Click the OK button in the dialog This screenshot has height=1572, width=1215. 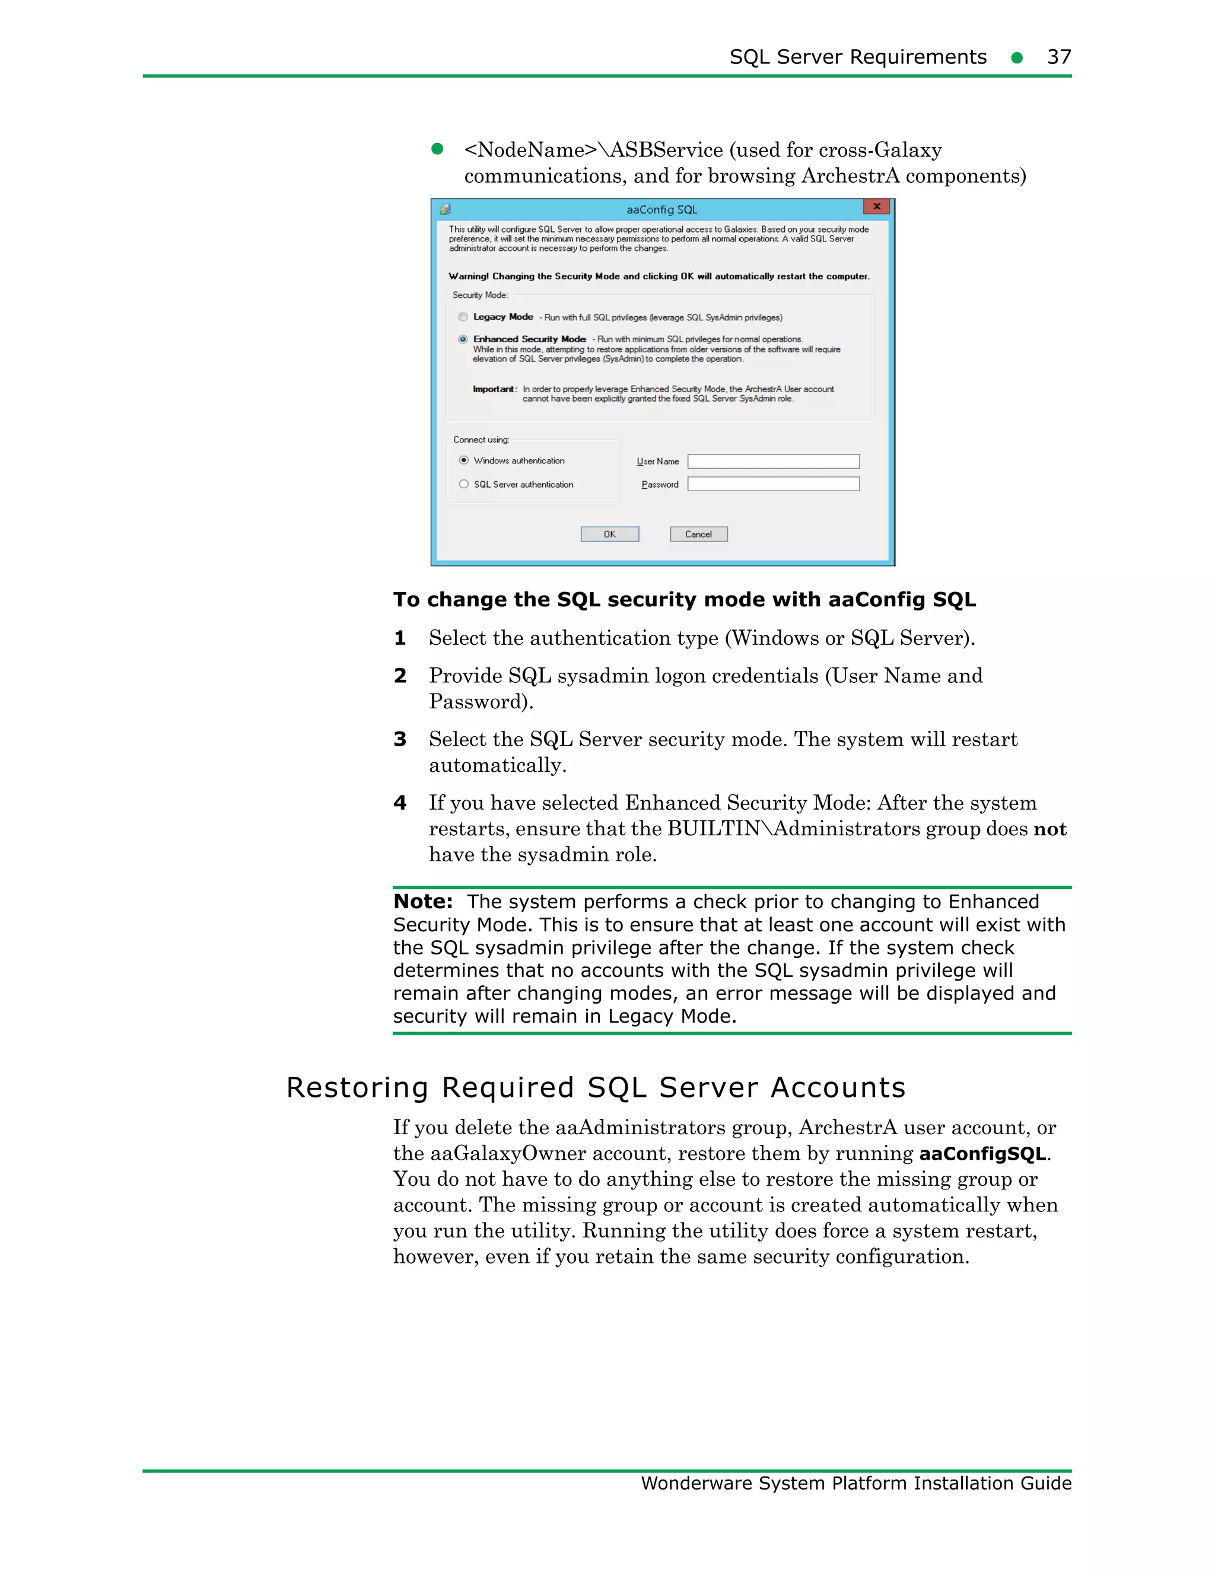pyautogui.click(x=610, y=534)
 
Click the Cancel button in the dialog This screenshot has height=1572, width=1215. pyautogui.click(x=698, y=534)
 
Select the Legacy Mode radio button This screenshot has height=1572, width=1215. pyautogui.click(x=463, y=317)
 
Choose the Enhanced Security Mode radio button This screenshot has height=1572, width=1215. pyautogui.click(x=463, y=339)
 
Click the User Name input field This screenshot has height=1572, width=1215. pyautogui.click(x=773, y=462)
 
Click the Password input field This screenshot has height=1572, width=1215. pyautogui.click(x=773, y=483)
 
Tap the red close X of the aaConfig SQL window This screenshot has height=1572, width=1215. pyautogui.click(x=876, y=207)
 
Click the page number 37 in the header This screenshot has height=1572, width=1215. pyautogui.click(x=1059, y=57)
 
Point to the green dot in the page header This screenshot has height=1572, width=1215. pyautogui.click(x=1016, y=58)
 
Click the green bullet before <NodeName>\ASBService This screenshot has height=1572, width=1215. pyautogui.click(x=437, y=149)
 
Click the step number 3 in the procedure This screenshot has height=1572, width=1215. pyautogui.click(x=400, y=739)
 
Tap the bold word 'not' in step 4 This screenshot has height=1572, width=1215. pyautogui.click(x=1049, y=829)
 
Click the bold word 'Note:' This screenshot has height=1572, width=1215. pyautogui.click(x=423, y=901)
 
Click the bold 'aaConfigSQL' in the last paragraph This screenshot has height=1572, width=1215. pyautogui.click(x=982, y=1154)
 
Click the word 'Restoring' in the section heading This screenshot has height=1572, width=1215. pyautogui.click(x=357, y=1087)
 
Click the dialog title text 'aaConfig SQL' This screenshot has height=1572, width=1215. pyautogui.click(x=661, y=209)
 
